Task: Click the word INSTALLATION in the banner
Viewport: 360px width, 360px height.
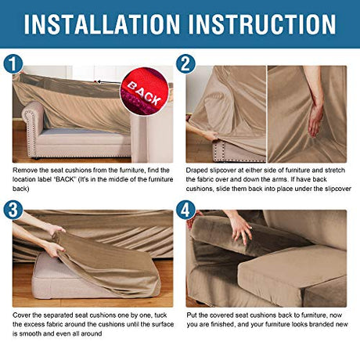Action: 102,24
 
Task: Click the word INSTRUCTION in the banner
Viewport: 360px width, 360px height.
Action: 261,24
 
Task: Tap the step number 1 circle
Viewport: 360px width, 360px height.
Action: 13,64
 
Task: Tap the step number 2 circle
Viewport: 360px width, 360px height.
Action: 185,64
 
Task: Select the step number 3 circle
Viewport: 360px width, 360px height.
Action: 13,210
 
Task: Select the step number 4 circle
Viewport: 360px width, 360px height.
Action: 185,210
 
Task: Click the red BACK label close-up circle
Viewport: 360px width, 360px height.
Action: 145,91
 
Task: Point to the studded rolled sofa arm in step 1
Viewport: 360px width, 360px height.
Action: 33,128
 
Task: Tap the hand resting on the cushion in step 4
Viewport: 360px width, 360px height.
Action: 240,228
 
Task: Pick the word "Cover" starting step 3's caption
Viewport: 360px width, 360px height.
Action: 21,315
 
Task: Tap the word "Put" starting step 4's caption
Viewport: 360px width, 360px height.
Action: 192,315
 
